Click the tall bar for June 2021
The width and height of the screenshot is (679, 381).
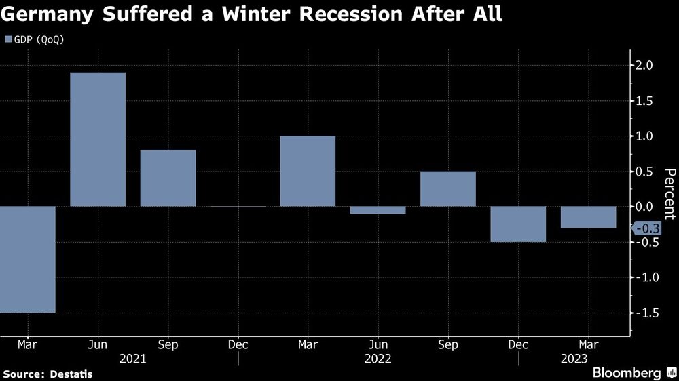point(98,139)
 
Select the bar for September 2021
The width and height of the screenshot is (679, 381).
point(168,178)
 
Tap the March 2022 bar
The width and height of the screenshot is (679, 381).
point(308,171)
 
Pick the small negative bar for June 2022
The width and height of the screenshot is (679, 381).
point(378,210)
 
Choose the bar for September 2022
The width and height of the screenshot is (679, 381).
point(447,188)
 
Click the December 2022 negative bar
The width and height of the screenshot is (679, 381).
point(518,224)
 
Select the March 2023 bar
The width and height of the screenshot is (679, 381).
point(588,217)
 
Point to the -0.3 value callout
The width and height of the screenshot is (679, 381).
point(647,228)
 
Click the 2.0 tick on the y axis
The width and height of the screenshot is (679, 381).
point(644,66)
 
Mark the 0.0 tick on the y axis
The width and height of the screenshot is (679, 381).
point(644,207)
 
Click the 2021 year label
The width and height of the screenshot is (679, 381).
point(132,359)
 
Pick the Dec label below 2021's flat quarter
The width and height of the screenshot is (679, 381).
point(238,345)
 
